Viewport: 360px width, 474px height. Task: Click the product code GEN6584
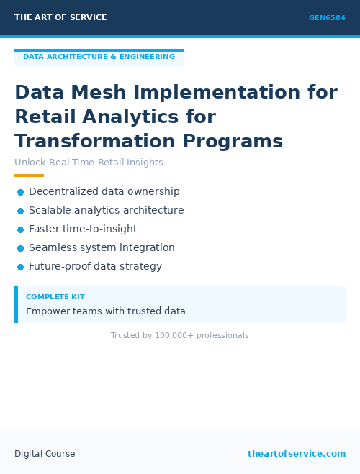327,18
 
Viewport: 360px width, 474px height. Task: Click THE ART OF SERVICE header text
60,17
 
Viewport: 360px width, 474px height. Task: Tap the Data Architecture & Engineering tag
99,57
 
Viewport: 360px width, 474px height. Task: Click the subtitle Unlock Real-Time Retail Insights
89,163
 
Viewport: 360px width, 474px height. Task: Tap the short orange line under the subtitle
29,176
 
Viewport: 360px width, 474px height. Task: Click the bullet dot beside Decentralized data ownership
21,192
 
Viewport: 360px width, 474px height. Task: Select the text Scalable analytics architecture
106,211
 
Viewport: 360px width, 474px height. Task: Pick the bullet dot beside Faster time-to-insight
21,229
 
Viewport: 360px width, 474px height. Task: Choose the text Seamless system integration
102,248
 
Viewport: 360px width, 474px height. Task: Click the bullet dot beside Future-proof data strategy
21,267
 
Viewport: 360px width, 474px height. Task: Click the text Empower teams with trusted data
106,311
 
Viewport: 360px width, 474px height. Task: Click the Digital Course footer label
45,454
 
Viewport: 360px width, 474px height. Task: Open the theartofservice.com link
297,454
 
